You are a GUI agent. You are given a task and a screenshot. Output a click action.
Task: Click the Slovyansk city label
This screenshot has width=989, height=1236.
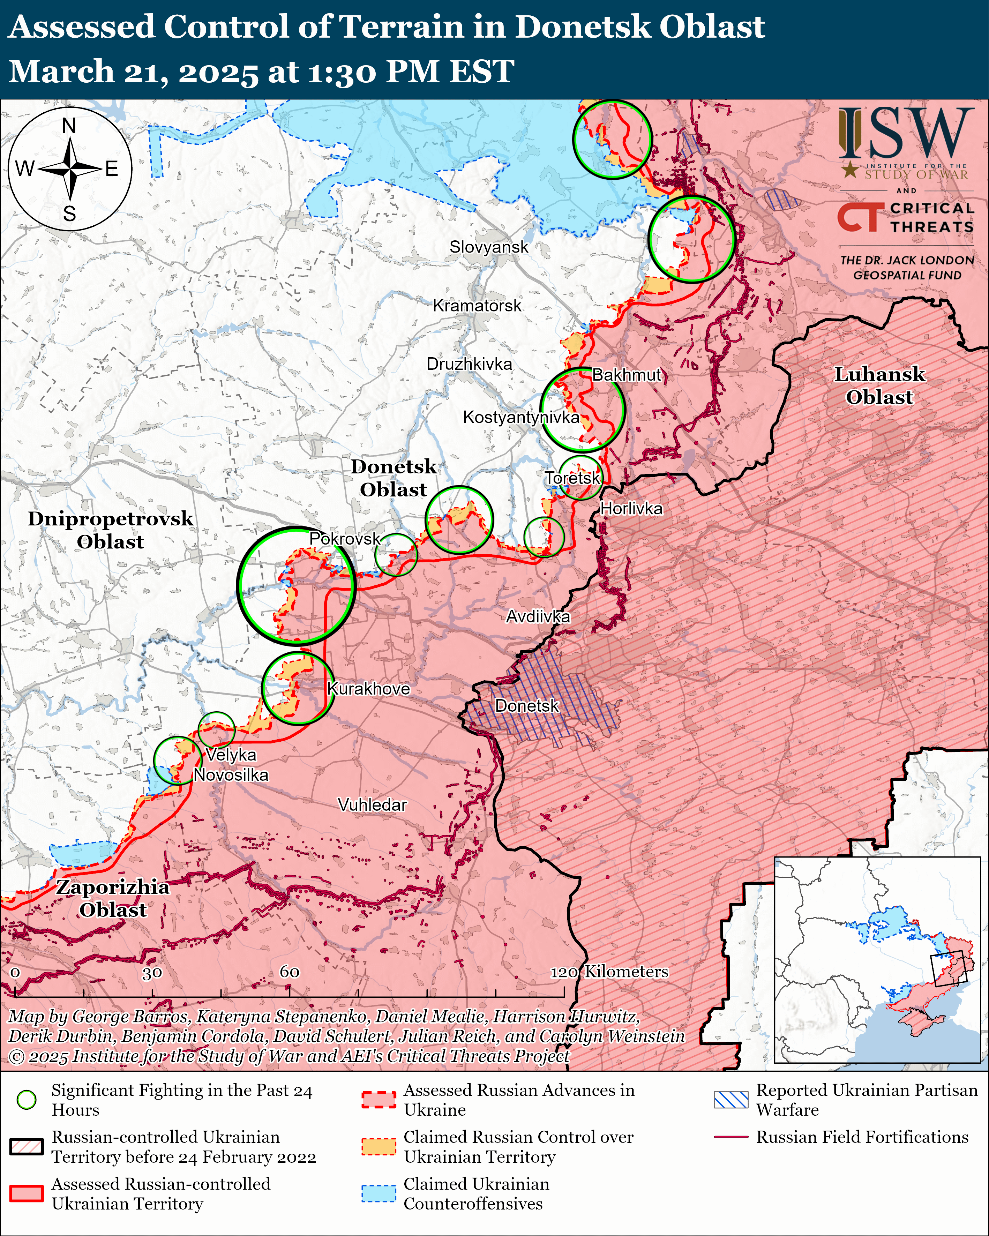pos(488,247)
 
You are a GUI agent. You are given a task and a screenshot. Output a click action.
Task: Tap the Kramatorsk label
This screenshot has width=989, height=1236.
pos(477,306)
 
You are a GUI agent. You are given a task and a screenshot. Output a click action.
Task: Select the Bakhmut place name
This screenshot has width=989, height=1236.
pos(627,375)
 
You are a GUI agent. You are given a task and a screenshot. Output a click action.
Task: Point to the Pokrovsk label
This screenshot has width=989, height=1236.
pos(345,538)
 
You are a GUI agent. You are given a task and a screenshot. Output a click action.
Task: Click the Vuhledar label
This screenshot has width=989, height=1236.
pos(372,804)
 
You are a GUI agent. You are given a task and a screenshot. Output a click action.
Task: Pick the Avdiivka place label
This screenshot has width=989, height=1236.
pos(538,617)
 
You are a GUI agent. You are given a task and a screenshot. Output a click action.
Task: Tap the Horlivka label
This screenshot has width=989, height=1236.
pos(631,509)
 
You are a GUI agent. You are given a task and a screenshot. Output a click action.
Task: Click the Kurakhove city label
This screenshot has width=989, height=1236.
pos(368,689)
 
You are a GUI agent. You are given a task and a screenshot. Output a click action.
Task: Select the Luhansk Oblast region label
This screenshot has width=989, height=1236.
pos(879,385)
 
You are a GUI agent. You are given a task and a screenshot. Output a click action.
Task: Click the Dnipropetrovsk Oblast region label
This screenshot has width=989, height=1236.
pos(110,530)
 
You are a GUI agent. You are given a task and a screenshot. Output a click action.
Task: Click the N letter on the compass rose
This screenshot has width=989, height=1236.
pos(69,126)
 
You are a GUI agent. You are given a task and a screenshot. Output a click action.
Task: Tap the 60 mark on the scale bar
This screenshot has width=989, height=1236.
pos(290,972)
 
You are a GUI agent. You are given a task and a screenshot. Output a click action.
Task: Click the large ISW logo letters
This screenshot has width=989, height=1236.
pos(906,134)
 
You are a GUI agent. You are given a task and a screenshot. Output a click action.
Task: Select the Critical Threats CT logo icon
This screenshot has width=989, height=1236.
pos(858,218)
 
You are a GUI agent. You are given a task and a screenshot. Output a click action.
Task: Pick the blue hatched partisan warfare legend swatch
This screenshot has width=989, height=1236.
pos(731,1099)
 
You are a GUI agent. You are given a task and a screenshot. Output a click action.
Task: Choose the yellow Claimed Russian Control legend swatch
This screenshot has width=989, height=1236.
pos(379,1147)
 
